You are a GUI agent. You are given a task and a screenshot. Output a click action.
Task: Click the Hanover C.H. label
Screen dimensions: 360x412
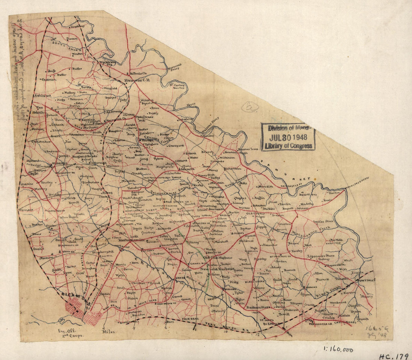pos(137,80)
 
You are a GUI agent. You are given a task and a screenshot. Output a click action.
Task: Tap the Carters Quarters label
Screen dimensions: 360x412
pos(180,86)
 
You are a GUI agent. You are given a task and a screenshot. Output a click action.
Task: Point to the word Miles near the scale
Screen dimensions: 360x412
pos(109,332)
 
